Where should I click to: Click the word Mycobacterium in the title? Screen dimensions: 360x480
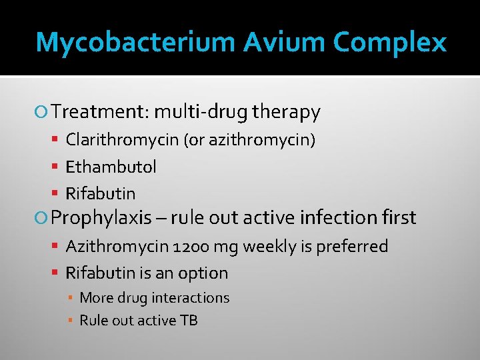135,43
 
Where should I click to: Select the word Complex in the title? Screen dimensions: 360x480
390,43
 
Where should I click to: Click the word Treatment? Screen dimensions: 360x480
100,112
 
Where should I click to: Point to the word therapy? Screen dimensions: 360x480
286,113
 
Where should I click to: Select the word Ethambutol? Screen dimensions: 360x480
111,167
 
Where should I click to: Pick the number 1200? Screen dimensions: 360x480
192,247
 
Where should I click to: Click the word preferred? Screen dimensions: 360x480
353,247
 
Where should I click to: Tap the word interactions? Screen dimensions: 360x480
190,298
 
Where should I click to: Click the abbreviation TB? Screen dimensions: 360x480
189,321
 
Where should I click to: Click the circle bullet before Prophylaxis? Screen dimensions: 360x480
44,218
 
